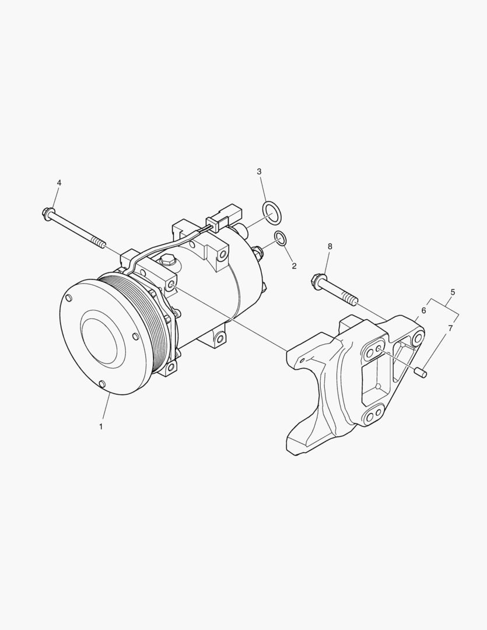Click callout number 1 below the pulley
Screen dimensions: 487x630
(x=101, y=426)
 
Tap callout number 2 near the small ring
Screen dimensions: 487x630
(x=294, y=266)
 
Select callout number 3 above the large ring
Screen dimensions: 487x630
(x=259, y=171)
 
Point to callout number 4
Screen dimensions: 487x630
(x=59, y=183)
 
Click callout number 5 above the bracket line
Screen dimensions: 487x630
(x=453, y=292)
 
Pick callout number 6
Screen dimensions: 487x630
(x=423, y=310)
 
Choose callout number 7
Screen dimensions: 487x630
(x=450, y=328)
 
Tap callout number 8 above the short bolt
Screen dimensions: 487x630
(x=330, y=246)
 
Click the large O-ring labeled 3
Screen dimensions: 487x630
(x=272, y=212)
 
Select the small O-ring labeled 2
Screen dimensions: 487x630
(x=281, y=238)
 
